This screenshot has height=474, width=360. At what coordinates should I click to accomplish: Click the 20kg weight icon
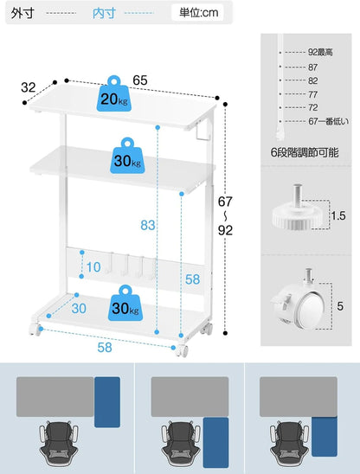pyautogui.click(x=114, y=93)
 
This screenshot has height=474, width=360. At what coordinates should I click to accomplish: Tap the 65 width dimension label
pyautogui.click(x=140, y=80)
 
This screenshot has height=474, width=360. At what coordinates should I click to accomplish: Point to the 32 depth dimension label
pyautogui.click(x=29, y=87)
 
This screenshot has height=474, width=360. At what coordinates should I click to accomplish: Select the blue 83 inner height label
pyautogui.click(x=148, y=225)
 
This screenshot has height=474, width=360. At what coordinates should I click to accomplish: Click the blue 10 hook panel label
pyautogui.click(x=93, y=267)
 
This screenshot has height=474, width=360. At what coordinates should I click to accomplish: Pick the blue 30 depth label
pyautogui.click(x=79, y=309)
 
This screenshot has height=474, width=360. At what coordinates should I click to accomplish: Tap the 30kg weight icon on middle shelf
pyautogui.click(x=127, y=156)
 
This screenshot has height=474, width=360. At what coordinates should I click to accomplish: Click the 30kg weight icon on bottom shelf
pyautogui.click(x=125, y=303)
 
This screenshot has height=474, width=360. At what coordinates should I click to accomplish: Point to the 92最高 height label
pyautogui.click(x=320, y=52)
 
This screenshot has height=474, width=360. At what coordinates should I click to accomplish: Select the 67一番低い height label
pyautogui.click(x=329, y=121)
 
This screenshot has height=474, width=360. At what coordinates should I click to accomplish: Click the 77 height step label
pyautogui.click(x=312, y=94)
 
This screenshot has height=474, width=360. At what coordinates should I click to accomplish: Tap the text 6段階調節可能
pyautogui.click(x=305, y=152)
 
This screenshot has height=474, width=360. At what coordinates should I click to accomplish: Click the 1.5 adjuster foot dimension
pyautogui.click(x=338, y=216)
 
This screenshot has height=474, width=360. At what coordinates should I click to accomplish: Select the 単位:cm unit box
pyautogui.click(x=198, y=13)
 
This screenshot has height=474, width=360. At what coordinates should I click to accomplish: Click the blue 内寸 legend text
pyautogui.click(x=104, y=13)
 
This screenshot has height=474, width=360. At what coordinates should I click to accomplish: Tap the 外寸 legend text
pyautogui.click(x=22, y=13)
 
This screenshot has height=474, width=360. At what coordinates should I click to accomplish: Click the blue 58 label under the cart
pyautogui.click(x=105, y=348)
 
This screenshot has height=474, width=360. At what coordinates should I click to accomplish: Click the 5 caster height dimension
pyautogui.click(x=340, y=306)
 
